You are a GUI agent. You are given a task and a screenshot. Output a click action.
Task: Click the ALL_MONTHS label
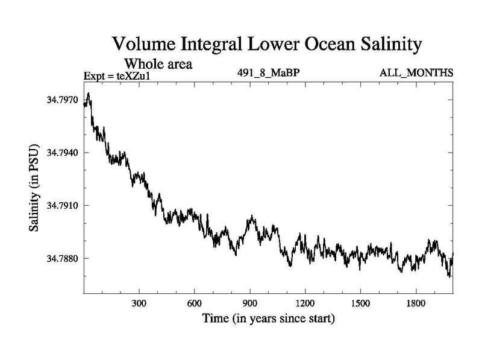point(416,73)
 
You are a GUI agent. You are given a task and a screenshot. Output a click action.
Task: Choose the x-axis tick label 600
point(195,303)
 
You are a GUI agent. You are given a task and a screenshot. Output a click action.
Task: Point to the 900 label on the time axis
point(250,303)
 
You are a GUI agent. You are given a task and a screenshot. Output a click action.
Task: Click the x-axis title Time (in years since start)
point(268,318)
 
